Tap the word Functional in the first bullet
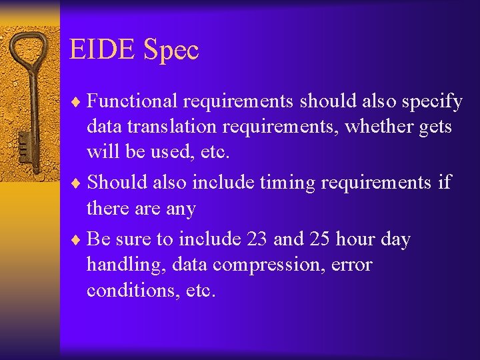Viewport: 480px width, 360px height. [x=132, y=101]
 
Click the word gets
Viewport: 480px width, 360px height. [x=435, y=127]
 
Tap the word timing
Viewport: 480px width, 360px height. [x=285, y=182]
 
